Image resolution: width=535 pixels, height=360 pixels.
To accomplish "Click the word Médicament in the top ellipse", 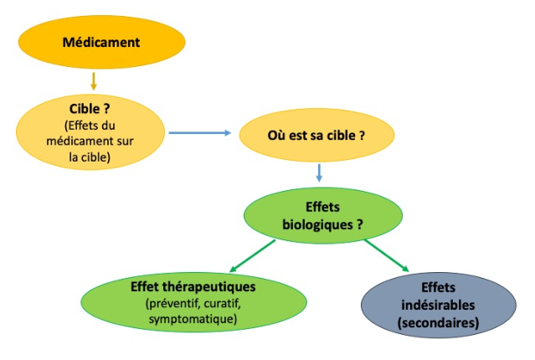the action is [101, 43].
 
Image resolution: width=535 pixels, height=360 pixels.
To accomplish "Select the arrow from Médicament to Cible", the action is [94, 81].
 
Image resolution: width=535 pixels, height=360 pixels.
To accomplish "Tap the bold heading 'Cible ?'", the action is [90, 109].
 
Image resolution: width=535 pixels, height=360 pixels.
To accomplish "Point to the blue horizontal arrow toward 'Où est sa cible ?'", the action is [200, 133].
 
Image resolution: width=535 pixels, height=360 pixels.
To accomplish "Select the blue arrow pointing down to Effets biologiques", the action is [319, 172].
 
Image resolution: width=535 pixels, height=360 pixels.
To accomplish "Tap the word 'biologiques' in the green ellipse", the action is [317, 225].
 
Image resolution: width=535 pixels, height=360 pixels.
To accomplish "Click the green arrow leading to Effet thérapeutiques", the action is [252, 256].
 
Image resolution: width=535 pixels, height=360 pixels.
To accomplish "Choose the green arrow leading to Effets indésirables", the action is [387, 255].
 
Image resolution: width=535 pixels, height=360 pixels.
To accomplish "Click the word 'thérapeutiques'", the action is [209, 287].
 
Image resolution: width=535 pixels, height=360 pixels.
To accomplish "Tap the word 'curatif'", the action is [223, 303].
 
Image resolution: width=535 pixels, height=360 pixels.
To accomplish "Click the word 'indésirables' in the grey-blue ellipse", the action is [438, 305].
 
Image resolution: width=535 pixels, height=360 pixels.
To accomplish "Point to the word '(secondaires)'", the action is [438, 323].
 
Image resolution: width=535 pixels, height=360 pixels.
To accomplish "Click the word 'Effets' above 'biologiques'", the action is [323, 207].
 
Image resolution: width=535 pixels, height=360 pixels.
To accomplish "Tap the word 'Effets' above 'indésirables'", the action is [438, 288].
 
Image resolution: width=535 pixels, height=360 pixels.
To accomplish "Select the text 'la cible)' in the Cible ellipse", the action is [90, 157].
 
